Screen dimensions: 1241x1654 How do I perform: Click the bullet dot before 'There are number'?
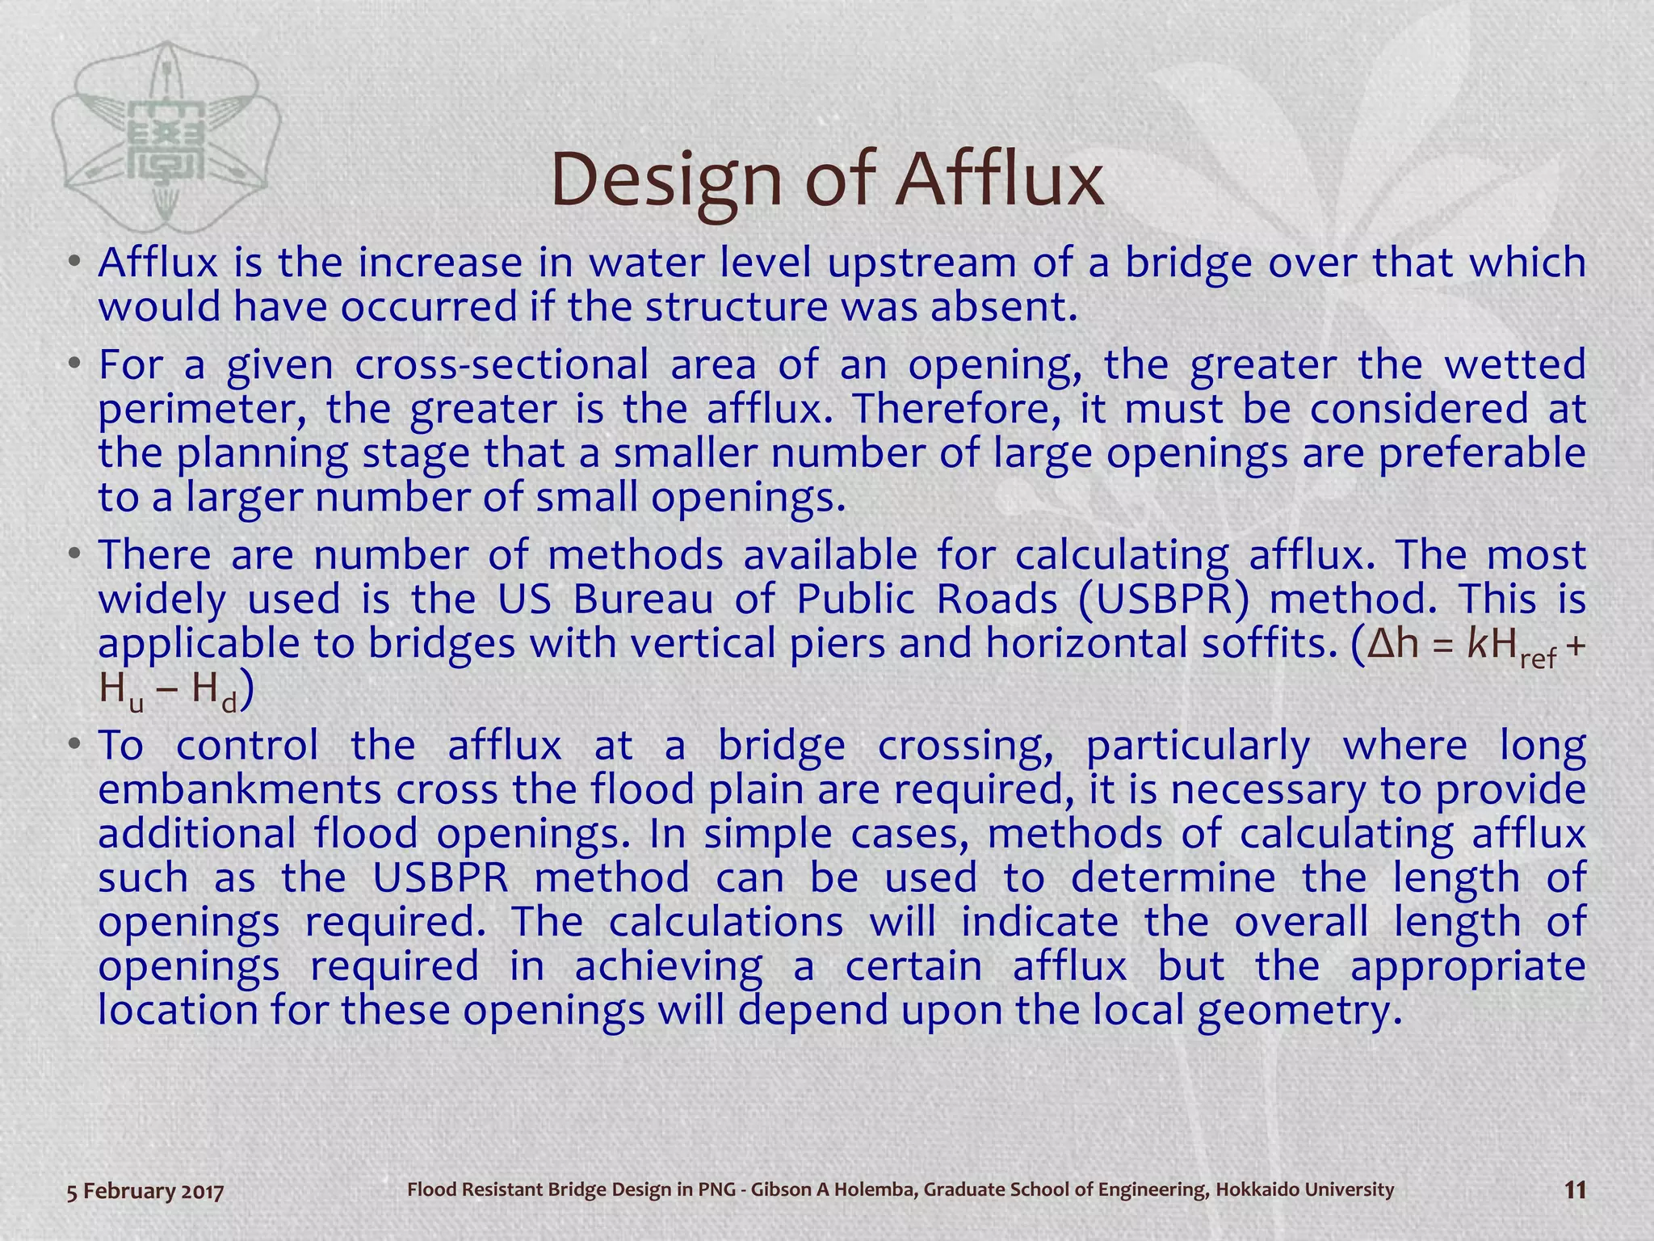tap(74, 555)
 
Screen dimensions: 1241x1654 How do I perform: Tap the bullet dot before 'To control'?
tap(74, 745)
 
